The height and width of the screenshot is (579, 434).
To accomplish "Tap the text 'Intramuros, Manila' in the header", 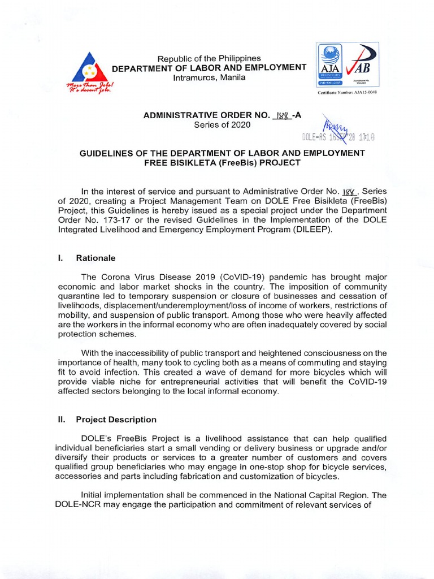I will (209, 77).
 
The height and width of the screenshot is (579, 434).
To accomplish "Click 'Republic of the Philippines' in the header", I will (209, 58).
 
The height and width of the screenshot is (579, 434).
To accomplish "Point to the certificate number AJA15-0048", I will (348, 92).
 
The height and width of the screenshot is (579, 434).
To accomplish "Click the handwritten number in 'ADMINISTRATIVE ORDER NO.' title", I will (281, 115).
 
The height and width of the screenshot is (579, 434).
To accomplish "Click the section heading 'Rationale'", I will (96, 258).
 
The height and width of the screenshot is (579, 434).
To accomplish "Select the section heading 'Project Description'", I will (116, 420).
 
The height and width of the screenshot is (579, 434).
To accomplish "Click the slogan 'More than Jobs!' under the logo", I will (89, 85).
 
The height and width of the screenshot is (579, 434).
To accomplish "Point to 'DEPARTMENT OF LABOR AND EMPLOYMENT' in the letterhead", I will (209, 68).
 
